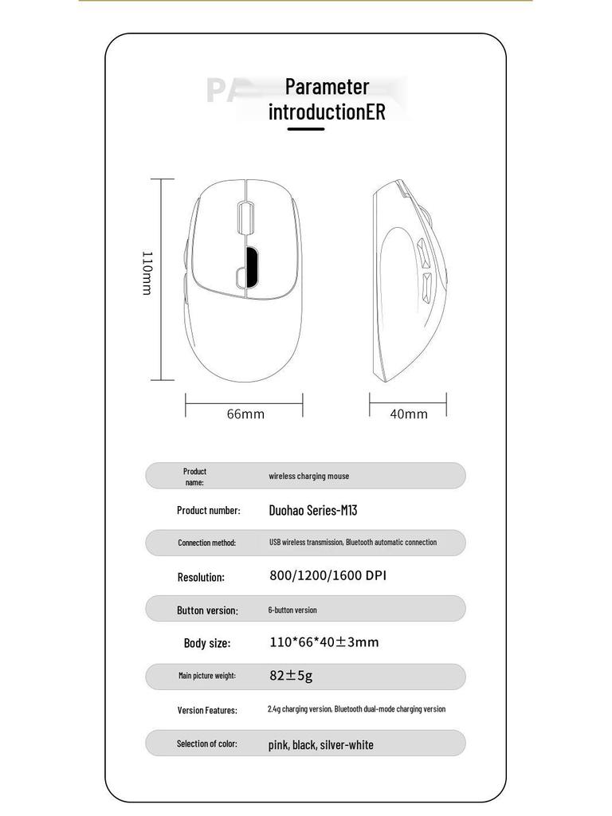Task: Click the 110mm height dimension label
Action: (x=147, y=273)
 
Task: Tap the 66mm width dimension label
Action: (x=245, y=414)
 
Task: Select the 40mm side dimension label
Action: (x=409, y=414)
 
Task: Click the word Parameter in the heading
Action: (x=327, y=86)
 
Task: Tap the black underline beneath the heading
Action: (x=306, y=128)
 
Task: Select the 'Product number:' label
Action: (x=208, y=510)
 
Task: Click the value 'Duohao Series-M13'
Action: (x=312, y=510)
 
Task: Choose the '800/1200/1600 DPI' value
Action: (x=328, y=575)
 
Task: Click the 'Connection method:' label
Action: (x=206, y=543)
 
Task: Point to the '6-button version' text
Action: (x=292, y=610)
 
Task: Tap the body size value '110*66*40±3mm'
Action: (x=324, y=642)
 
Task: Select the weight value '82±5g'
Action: (x=291, y=676)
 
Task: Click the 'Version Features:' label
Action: (x=207, y=710)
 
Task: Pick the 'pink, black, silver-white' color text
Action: (x=320, y=745)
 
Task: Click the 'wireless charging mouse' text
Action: (x=308, y=477)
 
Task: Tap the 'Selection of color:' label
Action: (x=206, y=743)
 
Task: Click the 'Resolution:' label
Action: (x=201, y=577)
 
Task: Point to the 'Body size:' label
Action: (x=207, y=643)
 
